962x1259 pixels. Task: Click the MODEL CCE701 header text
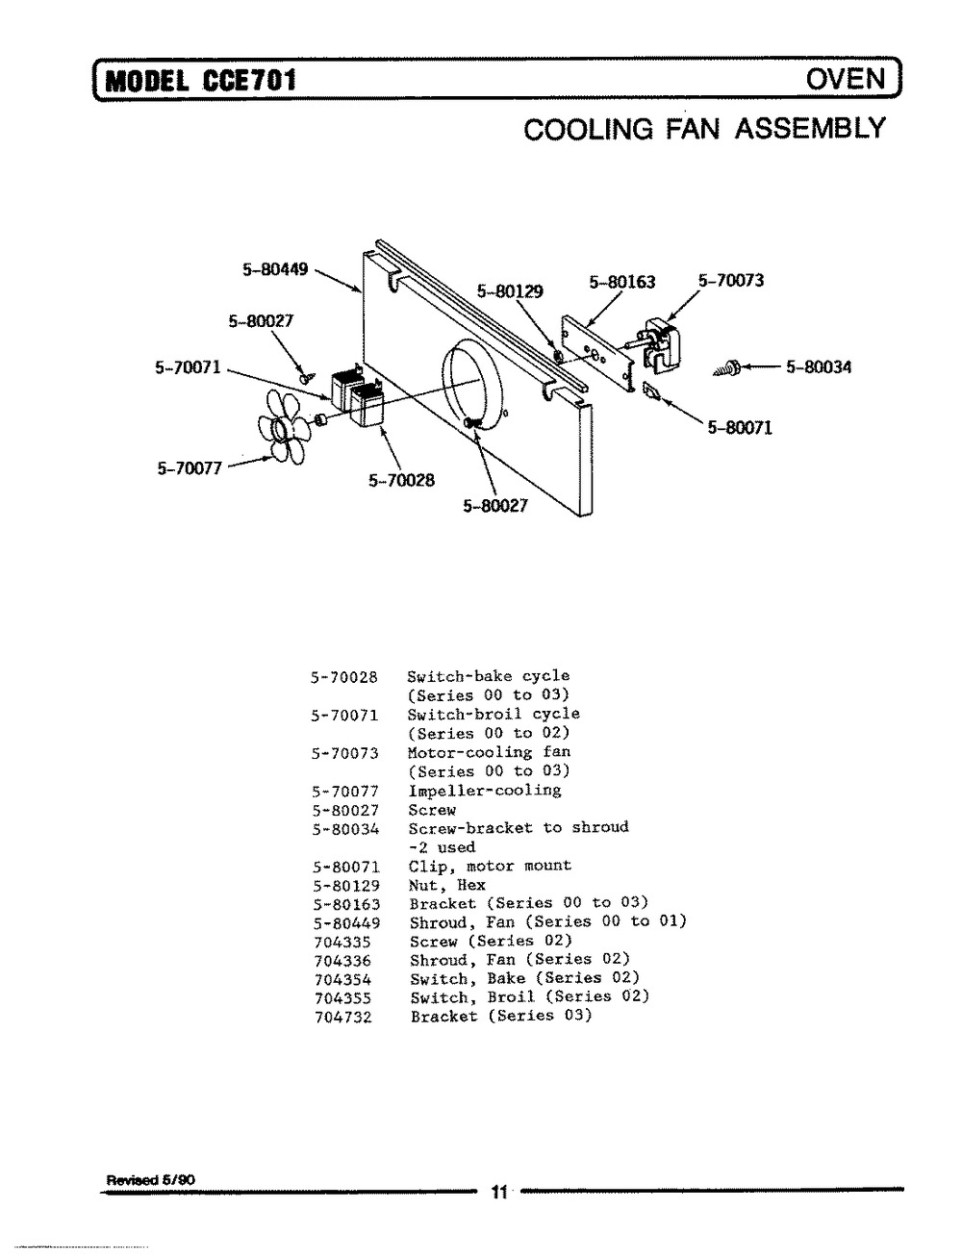(199, 80)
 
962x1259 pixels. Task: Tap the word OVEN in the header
(845, 78)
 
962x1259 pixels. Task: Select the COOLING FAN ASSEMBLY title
(703, 128)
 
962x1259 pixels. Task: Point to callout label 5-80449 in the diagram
(274, 269)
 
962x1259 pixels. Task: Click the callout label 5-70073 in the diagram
(731, 281)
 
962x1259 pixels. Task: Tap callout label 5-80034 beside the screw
(819, 366)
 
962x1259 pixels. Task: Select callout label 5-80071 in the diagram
(740, 429)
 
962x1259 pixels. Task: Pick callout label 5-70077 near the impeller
(190, 468)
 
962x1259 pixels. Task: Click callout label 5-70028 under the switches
(401, 480)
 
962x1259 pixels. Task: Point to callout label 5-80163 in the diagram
(621, 282)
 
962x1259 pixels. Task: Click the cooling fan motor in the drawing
(660, 341)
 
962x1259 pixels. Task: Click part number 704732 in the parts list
(342, 1017)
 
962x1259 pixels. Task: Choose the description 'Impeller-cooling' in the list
(484, 791)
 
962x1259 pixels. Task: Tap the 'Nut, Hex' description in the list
(447, 885)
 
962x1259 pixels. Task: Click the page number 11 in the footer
(498, 1194)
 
